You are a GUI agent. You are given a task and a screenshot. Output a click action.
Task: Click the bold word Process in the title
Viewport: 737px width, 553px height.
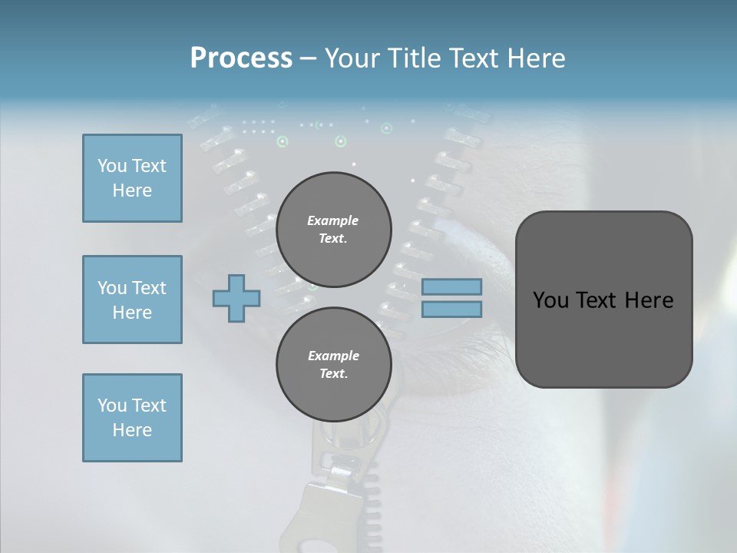click(x=241, y=58)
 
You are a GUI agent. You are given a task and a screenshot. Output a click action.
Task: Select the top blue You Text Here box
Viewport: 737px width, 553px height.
click(x=132, y=178)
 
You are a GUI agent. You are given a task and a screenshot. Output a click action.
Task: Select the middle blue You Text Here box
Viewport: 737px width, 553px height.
click(x=132, y=300)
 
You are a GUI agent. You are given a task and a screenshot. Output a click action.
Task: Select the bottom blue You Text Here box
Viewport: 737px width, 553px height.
click(x=132, y=418)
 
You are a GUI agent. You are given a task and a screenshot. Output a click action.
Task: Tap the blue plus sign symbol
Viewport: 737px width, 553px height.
click(x=236, y=299)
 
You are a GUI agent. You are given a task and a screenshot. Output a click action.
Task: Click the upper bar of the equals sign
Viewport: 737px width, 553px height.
click(x=451, y=286)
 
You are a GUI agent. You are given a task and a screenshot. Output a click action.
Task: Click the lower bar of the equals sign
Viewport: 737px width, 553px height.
click(x=451, y=309)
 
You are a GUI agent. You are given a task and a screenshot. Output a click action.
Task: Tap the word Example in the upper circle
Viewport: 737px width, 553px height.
click(x=333, y=220)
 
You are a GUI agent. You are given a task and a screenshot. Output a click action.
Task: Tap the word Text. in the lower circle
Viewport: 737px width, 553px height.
click(x=333, y=374)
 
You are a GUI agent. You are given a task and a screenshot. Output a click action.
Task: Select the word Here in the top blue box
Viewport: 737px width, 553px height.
click(x=132, y=190)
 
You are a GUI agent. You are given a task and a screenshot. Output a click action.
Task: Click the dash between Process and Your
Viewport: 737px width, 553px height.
click(x=308, y=58)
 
